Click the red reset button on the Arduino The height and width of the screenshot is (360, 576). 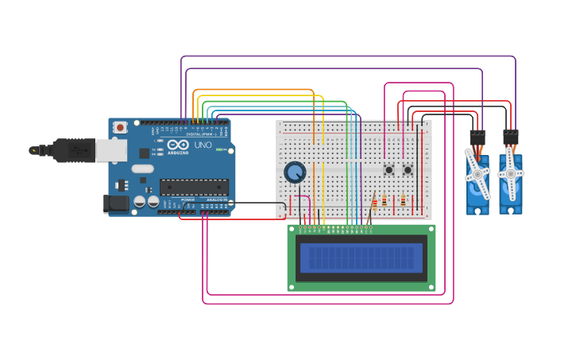coord(120,127)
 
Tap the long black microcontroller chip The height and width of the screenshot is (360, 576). coord(194,188)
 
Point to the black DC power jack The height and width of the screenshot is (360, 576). coord(117,203)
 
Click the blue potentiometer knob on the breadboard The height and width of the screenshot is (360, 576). coord(295,172)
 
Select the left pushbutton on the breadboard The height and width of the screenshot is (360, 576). coord(389,169)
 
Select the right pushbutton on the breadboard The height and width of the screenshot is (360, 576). coord(408,169)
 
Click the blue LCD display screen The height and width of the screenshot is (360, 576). coord(361,257)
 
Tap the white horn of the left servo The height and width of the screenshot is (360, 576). coord(477,174)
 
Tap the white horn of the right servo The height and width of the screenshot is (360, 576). coord(510,173)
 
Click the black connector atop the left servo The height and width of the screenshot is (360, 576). coord(477,137)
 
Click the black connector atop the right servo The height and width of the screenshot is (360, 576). coord(510,137)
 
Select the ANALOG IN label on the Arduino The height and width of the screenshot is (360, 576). coord(217,199)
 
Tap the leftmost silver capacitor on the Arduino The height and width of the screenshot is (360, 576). coord(139,202)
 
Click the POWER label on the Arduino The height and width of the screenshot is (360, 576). coord(187,199)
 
